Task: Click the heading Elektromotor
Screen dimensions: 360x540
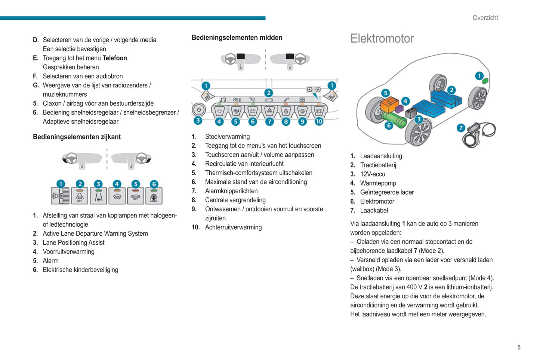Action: [x=382, y=38]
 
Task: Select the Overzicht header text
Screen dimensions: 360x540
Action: [x=485, y=18]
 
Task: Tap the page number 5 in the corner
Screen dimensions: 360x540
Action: [x=519, y=347]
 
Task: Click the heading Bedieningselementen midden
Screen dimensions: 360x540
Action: [x=237, y=37]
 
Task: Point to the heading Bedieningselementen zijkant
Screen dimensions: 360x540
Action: [x=77, y=137]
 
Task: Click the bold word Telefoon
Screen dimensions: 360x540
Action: [x=115, y=58]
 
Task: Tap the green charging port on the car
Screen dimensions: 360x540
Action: [x=485, y=81]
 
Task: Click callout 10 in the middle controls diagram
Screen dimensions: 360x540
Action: [x=319, y=121]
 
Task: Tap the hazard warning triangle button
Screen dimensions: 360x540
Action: [x=269, y=111]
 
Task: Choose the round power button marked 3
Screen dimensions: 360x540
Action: [x=199, y=110]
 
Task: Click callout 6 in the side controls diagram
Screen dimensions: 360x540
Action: [x=154, y=184]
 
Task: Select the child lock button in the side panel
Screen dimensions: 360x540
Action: [x=154, y=196]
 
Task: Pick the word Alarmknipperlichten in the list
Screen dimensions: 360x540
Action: [x=231, y=191]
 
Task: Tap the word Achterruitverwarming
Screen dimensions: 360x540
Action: [x=233, y=227]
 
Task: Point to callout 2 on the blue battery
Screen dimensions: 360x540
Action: [x=451, y=90]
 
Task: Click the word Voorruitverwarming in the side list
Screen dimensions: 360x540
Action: [x=68, y=252]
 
